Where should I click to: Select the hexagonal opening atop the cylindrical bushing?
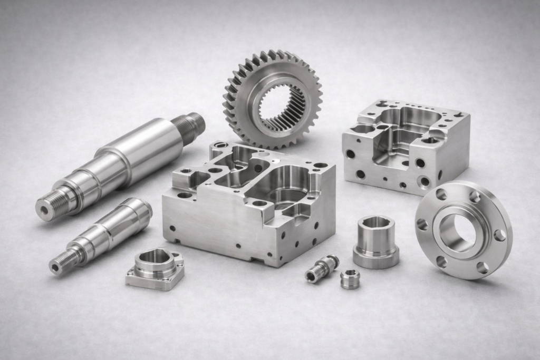tap(375, 222)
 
